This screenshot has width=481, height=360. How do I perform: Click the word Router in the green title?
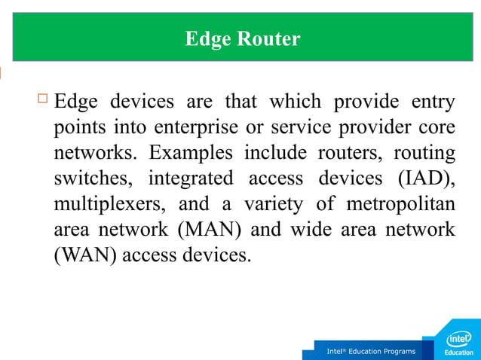click(269, 39)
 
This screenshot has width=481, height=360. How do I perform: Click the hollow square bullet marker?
click(42, 98)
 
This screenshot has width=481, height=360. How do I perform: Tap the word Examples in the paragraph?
click(191, 153)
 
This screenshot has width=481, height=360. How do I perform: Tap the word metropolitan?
click(400, 204)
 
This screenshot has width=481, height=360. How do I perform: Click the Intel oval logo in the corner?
click(460, 339)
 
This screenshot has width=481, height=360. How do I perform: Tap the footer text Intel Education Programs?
click(370, 352)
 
